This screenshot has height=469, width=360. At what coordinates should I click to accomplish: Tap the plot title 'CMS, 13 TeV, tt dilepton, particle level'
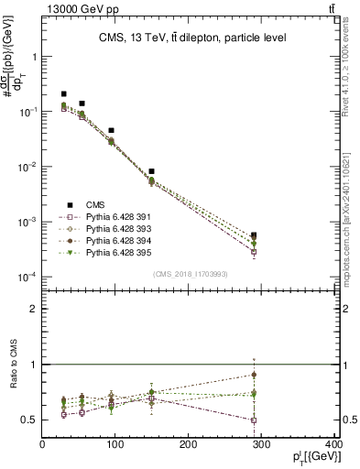[191, 38]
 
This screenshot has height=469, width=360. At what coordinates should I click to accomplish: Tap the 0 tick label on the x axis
[42, 446]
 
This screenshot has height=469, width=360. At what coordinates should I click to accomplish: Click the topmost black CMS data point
[64, 93]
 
